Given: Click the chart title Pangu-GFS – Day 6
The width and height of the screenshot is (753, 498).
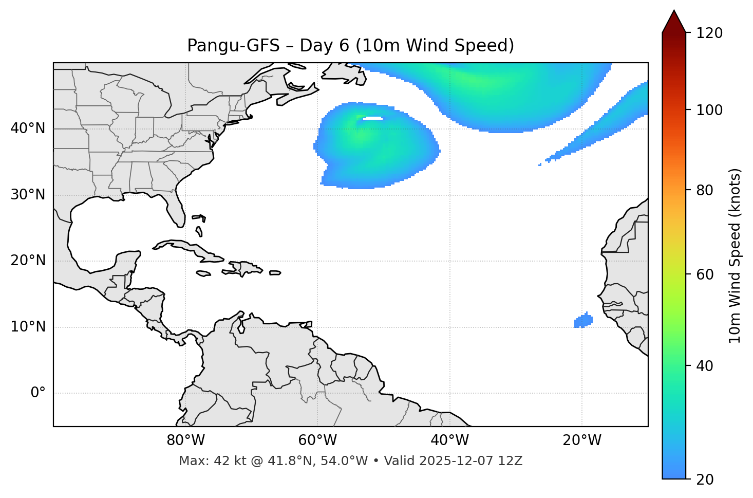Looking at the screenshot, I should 350,46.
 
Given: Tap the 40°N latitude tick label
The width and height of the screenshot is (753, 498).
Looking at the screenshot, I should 28,128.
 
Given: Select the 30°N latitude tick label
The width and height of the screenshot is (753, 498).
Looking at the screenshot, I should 28,195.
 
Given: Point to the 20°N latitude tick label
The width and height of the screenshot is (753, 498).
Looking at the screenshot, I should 28,261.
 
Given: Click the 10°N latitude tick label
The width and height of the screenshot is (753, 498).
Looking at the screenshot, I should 28,327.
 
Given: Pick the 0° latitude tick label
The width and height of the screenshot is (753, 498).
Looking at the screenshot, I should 37,393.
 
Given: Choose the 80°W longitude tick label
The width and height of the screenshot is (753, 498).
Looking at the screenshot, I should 185,440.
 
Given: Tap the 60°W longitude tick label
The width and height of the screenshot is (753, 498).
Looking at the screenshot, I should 317,440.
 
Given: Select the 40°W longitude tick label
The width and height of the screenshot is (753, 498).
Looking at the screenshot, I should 449,440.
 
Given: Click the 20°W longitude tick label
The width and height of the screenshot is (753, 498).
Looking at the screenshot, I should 581,440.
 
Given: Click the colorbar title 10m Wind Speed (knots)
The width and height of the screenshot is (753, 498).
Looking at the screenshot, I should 735,255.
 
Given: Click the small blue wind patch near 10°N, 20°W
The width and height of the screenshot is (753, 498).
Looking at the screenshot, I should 583,321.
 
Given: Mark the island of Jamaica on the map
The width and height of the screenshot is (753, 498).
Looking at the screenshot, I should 203,273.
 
